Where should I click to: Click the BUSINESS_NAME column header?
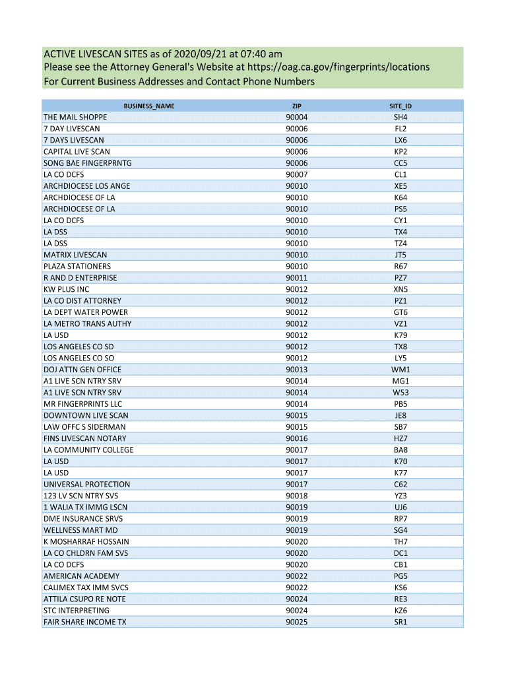click(x=149, y=106)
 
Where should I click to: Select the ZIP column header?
click(x=297, y=106)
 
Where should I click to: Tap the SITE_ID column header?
click(x=400, y=106)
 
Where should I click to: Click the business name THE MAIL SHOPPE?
click(x=75, y=118)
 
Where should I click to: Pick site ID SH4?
click(x=400, y=118)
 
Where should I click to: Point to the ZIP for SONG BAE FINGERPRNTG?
click(x=297, y=163)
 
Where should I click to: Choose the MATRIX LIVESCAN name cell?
click(x=75, y=255)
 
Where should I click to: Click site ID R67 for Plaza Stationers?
click(x=400, y=266)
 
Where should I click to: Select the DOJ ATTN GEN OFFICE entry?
click(x=82, y=370)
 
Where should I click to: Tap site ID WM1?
click(x=400, y=370)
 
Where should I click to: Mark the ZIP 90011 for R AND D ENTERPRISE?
click(x=297, y=278)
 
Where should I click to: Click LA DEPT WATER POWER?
click(x=86, y=312)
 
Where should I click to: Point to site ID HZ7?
click(x=400, y=438)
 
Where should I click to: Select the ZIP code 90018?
click(x=297, y=496)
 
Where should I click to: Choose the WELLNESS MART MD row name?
click(x=80, y=530)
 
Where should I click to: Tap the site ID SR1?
click(x=400, y=622)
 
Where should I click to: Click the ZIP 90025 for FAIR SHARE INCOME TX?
click(x=297, y=622)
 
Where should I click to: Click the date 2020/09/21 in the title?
click(x=197, y=53)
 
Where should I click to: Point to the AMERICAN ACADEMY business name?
click(x=81, y=576)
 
